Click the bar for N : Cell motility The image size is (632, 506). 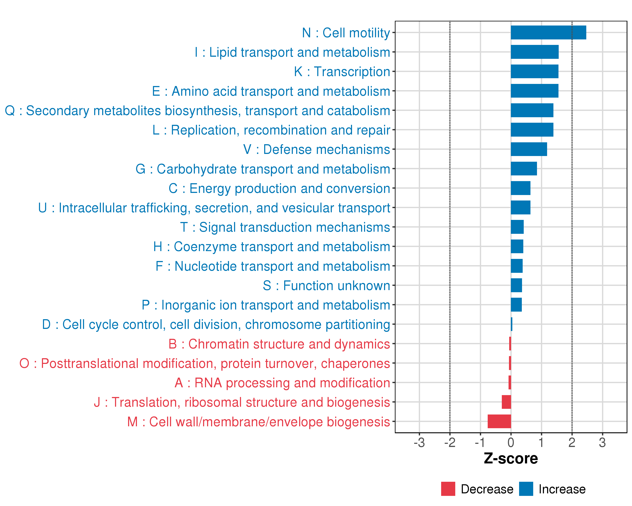coord(548,32)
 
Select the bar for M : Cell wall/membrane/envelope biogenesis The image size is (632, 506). coord(499,421)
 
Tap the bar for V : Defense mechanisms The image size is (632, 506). coord(529,149)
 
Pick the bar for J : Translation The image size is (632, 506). coord(506,402)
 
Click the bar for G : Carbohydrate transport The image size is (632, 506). coord(524,169)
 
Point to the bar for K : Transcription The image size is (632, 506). coord(534,71)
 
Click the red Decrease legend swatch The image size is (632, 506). coord(448,489)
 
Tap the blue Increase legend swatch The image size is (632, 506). coord(526,489)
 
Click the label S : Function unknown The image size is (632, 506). coord(326,286)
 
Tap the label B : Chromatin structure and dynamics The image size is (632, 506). coord(279,344)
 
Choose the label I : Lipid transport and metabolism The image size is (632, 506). coord(292,52)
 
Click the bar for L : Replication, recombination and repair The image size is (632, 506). coord(532,130)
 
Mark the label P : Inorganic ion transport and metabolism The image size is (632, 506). coord(266,305)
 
